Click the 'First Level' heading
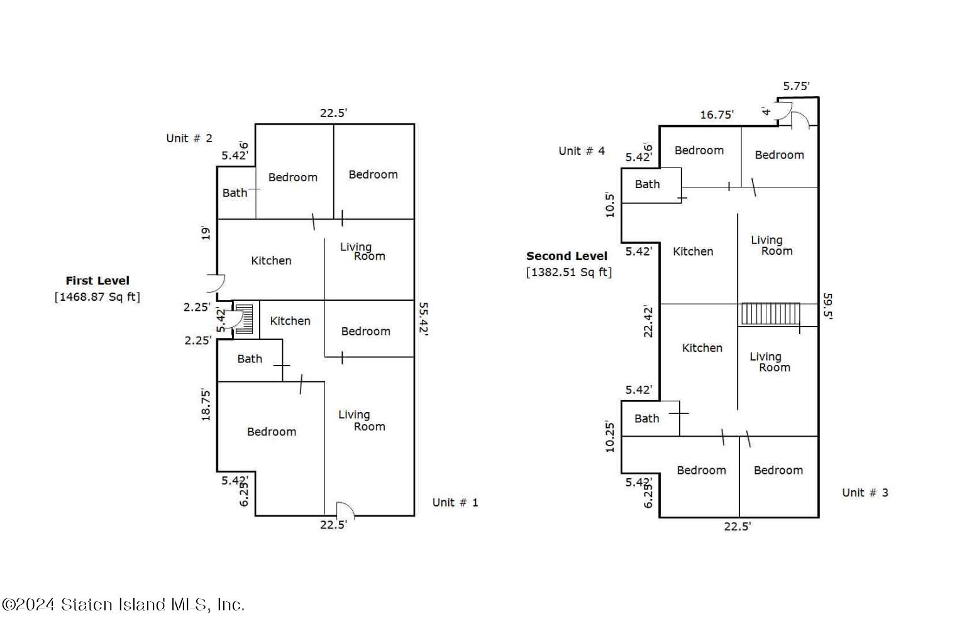(x=97, y=281)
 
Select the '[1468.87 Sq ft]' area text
(x=97, y=296)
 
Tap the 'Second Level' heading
(x=567, y=256)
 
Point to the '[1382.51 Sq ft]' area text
(x=568, y=272)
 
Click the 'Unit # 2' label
(x=189, y=138)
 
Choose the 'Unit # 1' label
(x=455, y=502)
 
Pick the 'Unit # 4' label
(x=582, y=150)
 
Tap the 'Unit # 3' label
(x=865, y=493)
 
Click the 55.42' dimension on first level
(x=423, y=320)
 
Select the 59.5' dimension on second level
(x=827, y=306)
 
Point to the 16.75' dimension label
(x=717, y=115)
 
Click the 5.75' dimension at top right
(x=796, y=86)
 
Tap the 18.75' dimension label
(x=206, y=405)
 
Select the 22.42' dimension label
(x=648, y=321)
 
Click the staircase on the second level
(x=770, y=313)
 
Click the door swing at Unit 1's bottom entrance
(x=345, y=510)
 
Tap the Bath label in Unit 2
(x=235, y=193)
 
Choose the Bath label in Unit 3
(x=646, y=418)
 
